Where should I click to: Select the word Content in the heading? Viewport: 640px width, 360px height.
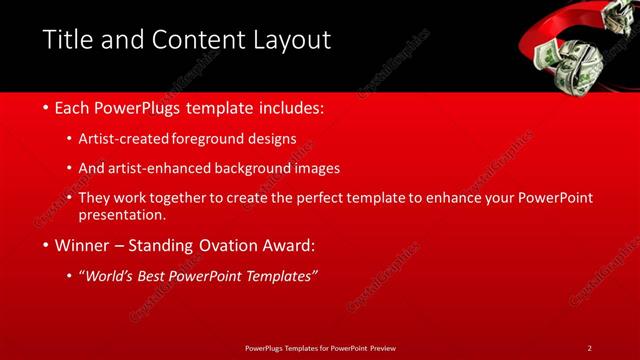[192, 40]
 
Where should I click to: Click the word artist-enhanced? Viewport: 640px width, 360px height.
[166, 168]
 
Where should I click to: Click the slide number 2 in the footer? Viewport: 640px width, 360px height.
[589, 348]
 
